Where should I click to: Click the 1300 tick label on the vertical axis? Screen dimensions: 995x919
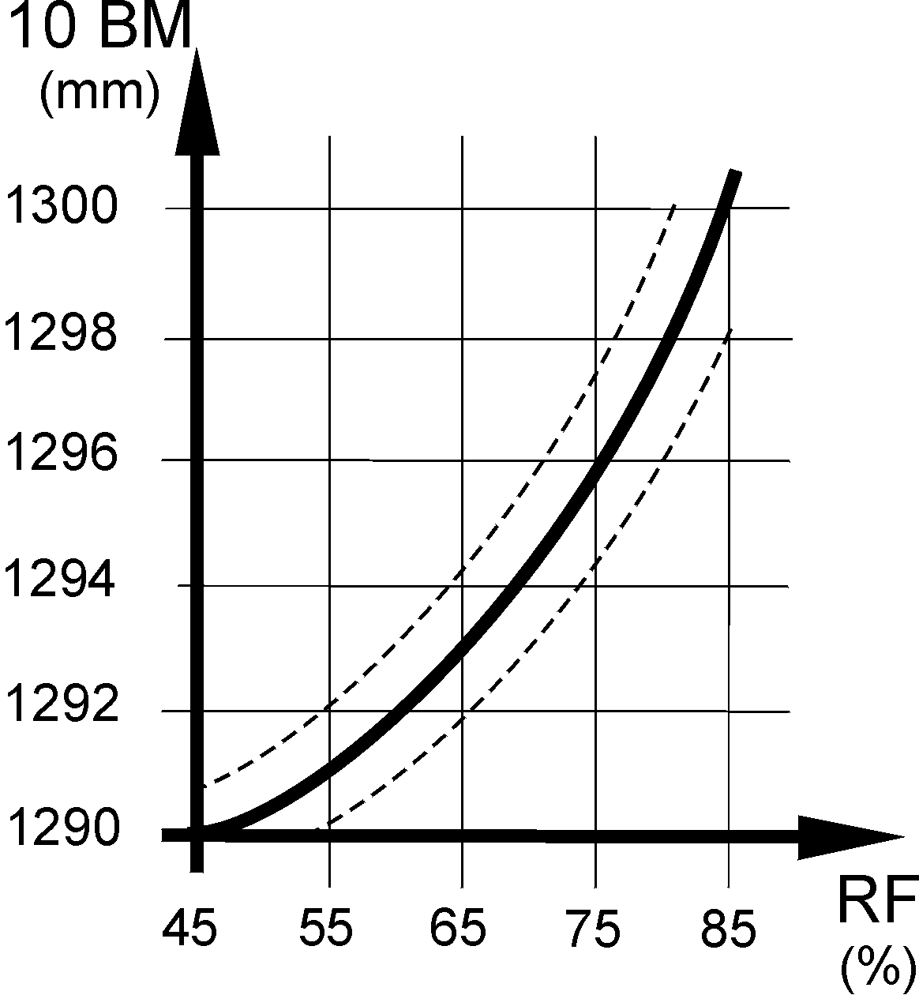click(x=61, y=208)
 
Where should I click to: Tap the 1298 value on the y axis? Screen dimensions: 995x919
click(x=61, y=334)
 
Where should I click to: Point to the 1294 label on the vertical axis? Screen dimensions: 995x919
click(x=61, y=580)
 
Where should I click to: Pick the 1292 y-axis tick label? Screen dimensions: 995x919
click(x=61, y=705)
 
